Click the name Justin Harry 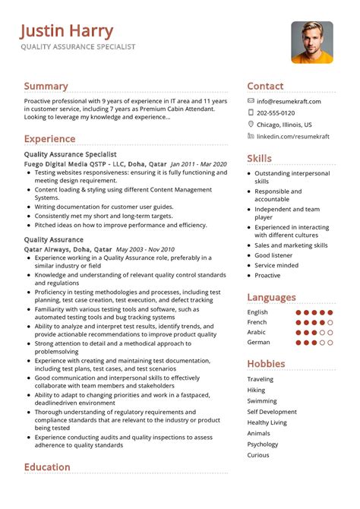(67, 30)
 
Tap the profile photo (311, 42)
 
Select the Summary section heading (46, 86)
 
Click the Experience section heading (49, 139)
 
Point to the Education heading (47, 467)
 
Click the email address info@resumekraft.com (289, 101)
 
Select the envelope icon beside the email (251, 101)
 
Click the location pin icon (251, 124)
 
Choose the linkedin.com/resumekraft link (293, 136)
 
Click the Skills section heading (259, 158)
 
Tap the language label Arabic (257, 332)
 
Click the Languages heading (271, 297)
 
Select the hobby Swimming (262, 400)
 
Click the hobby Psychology (263, 444)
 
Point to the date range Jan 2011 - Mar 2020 (198, 164)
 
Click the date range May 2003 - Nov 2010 (145, 249)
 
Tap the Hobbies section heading (265, 364)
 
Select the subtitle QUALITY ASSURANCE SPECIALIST (78, 46)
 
